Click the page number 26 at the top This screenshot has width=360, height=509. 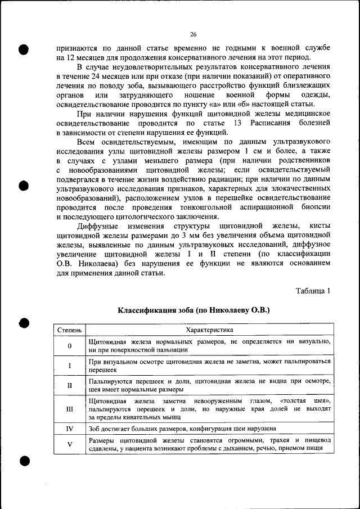(x=192, y=34)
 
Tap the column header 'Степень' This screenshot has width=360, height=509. (x=69, y=330)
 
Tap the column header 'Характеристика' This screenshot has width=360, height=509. (x=209, y=330)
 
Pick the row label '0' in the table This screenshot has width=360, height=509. (x=69, y=345)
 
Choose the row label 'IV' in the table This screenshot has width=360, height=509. (x=69, y=428)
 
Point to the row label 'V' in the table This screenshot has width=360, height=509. (x=69, y=444)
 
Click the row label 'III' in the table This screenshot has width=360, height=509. (x=69, y=409)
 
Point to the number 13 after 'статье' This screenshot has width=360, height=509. (x=237, y=123)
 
